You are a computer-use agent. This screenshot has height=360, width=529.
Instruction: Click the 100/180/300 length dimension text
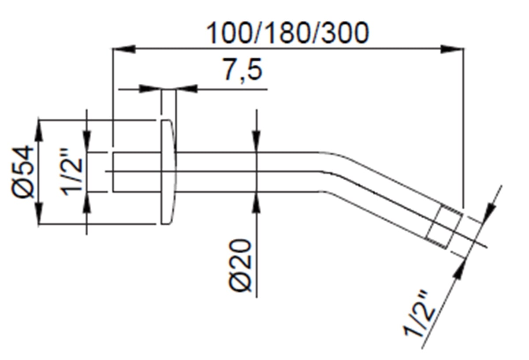click(x=287, y=33)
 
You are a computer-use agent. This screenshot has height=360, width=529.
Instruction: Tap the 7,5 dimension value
click(x=242, y=70)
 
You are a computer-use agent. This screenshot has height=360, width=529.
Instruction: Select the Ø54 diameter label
click(x=22, y=172)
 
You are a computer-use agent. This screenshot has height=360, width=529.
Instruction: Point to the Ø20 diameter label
click(x=240, y=266)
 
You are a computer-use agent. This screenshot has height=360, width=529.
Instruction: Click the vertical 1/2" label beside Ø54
click(x=72, y=172)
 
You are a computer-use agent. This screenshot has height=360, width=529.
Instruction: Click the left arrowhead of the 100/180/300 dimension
click(x=124, y=49)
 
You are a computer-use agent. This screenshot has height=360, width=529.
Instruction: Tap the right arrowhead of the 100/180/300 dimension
click(x=452, y=49)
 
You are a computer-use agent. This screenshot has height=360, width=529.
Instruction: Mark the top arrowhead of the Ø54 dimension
click(x=39, y=131)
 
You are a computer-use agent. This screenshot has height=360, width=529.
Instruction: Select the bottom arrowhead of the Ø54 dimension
click(x=39, y=212)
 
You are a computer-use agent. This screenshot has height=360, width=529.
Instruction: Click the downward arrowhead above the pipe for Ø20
click(x=257, y=141)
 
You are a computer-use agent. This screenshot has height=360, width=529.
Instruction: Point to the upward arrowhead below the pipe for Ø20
click(x=257, y=203)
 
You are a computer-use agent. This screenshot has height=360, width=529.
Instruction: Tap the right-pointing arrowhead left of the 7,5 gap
click(x=150, y=89)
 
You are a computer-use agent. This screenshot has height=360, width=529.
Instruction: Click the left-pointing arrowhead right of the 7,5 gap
click(x=187, y=89)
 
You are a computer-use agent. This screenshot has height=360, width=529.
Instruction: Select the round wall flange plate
click(x=168, y=172)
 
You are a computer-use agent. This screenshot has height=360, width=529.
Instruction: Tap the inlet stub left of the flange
click(x=137, y=172)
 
